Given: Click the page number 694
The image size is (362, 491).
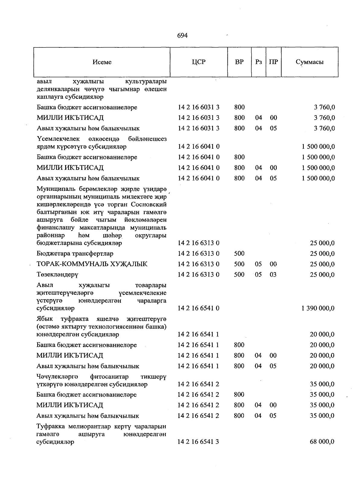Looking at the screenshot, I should click(x=182, y=36).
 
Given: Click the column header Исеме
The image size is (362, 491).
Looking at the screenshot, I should click(x=102, y=62).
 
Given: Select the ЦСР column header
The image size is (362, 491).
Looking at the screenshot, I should click(x=198, y=62).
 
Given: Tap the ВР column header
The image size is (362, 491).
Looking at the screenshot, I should click(x=239, y=62).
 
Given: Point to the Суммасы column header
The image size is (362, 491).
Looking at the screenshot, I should click(x=310, y=62).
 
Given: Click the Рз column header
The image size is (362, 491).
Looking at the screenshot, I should click(x=258, y=62).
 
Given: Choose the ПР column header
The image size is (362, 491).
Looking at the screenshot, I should click(x=273, y=62).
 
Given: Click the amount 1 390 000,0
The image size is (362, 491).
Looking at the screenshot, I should click(x=318, y=308).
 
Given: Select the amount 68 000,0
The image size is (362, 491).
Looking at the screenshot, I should click(x=322, y=442).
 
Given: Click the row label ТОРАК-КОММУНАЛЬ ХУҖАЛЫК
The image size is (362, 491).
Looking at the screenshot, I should click(x=92, y=264).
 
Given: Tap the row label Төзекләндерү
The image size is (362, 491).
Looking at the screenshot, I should click(x=57, y=275).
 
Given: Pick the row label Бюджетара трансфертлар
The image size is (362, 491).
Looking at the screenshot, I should click(x=75, y=254).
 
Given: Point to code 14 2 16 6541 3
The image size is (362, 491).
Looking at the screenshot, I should click(x=198, y=442).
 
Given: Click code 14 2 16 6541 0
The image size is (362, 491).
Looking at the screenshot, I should click(x=198, y=308).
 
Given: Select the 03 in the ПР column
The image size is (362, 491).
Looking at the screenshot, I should click(x=273, y=275).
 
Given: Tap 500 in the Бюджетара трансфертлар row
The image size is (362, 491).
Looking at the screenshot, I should click(x=239, y=254).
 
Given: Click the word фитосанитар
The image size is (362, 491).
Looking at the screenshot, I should click(x=109, y=377).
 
